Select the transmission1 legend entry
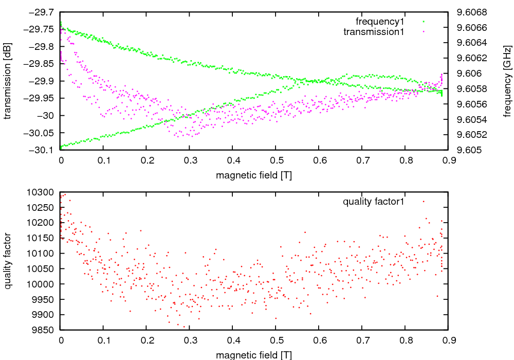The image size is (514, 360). tap(374, 32)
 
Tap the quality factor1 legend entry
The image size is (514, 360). tap(374, 202)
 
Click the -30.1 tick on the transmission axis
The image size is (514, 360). tap(42, 150)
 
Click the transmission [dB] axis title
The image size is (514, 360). tap(7, 81)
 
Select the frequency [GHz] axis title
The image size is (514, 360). tap(507, 81)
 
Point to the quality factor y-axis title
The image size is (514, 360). tap(7, 261)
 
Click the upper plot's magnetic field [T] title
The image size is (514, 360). tap(254, 175)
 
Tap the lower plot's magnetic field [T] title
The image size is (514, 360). tap(254, 355)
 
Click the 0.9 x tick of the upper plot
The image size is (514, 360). tap(449, 160)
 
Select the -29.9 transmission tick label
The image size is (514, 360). tap(42, 81)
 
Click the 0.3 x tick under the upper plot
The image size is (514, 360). tap(190, 160)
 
